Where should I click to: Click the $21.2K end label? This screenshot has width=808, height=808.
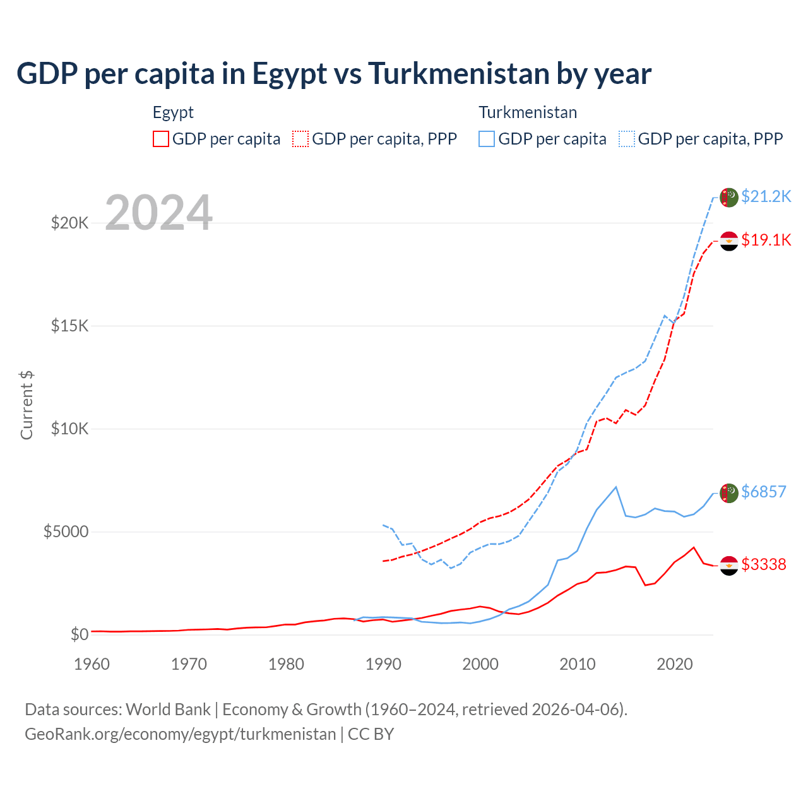[x=766, y=196]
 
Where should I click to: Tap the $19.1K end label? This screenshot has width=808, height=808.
[x=766, y=240]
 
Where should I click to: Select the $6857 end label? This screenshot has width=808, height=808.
[x=763, y=492]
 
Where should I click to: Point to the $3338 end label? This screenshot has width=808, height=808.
[x=763, y=564]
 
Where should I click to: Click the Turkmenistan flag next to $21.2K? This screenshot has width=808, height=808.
[x=729, y=197]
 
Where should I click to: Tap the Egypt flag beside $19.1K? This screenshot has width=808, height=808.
[x=729, y=241]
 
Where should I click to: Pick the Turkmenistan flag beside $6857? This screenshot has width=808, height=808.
[x=729, y=493]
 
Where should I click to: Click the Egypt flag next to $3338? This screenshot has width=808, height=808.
[x=729, y=566]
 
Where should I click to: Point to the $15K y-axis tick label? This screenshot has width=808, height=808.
[x=70, y=326]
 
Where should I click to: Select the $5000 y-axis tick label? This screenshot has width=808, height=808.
[x=66, y=532]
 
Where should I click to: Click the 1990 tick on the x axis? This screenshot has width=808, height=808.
[x=383, y=664]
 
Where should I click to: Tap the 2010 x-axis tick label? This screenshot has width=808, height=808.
[x=578, y=664]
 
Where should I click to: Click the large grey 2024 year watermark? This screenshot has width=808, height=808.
[x=158, y=213]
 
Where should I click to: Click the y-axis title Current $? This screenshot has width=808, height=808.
[x=27, y=405]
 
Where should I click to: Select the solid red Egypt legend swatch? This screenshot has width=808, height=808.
[x=161, y=139]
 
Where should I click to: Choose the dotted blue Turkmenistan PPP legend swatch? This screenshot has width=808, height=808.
[x=627, y=139]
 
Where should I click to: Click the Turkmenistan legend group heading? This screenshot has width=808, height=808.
[x=528, y=112]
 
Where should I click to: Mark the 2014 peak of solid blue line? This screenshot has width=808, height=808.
[x=616, y=487]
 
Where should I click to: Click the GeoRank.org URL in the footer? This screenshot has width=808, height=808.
[x=181, y=734]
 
